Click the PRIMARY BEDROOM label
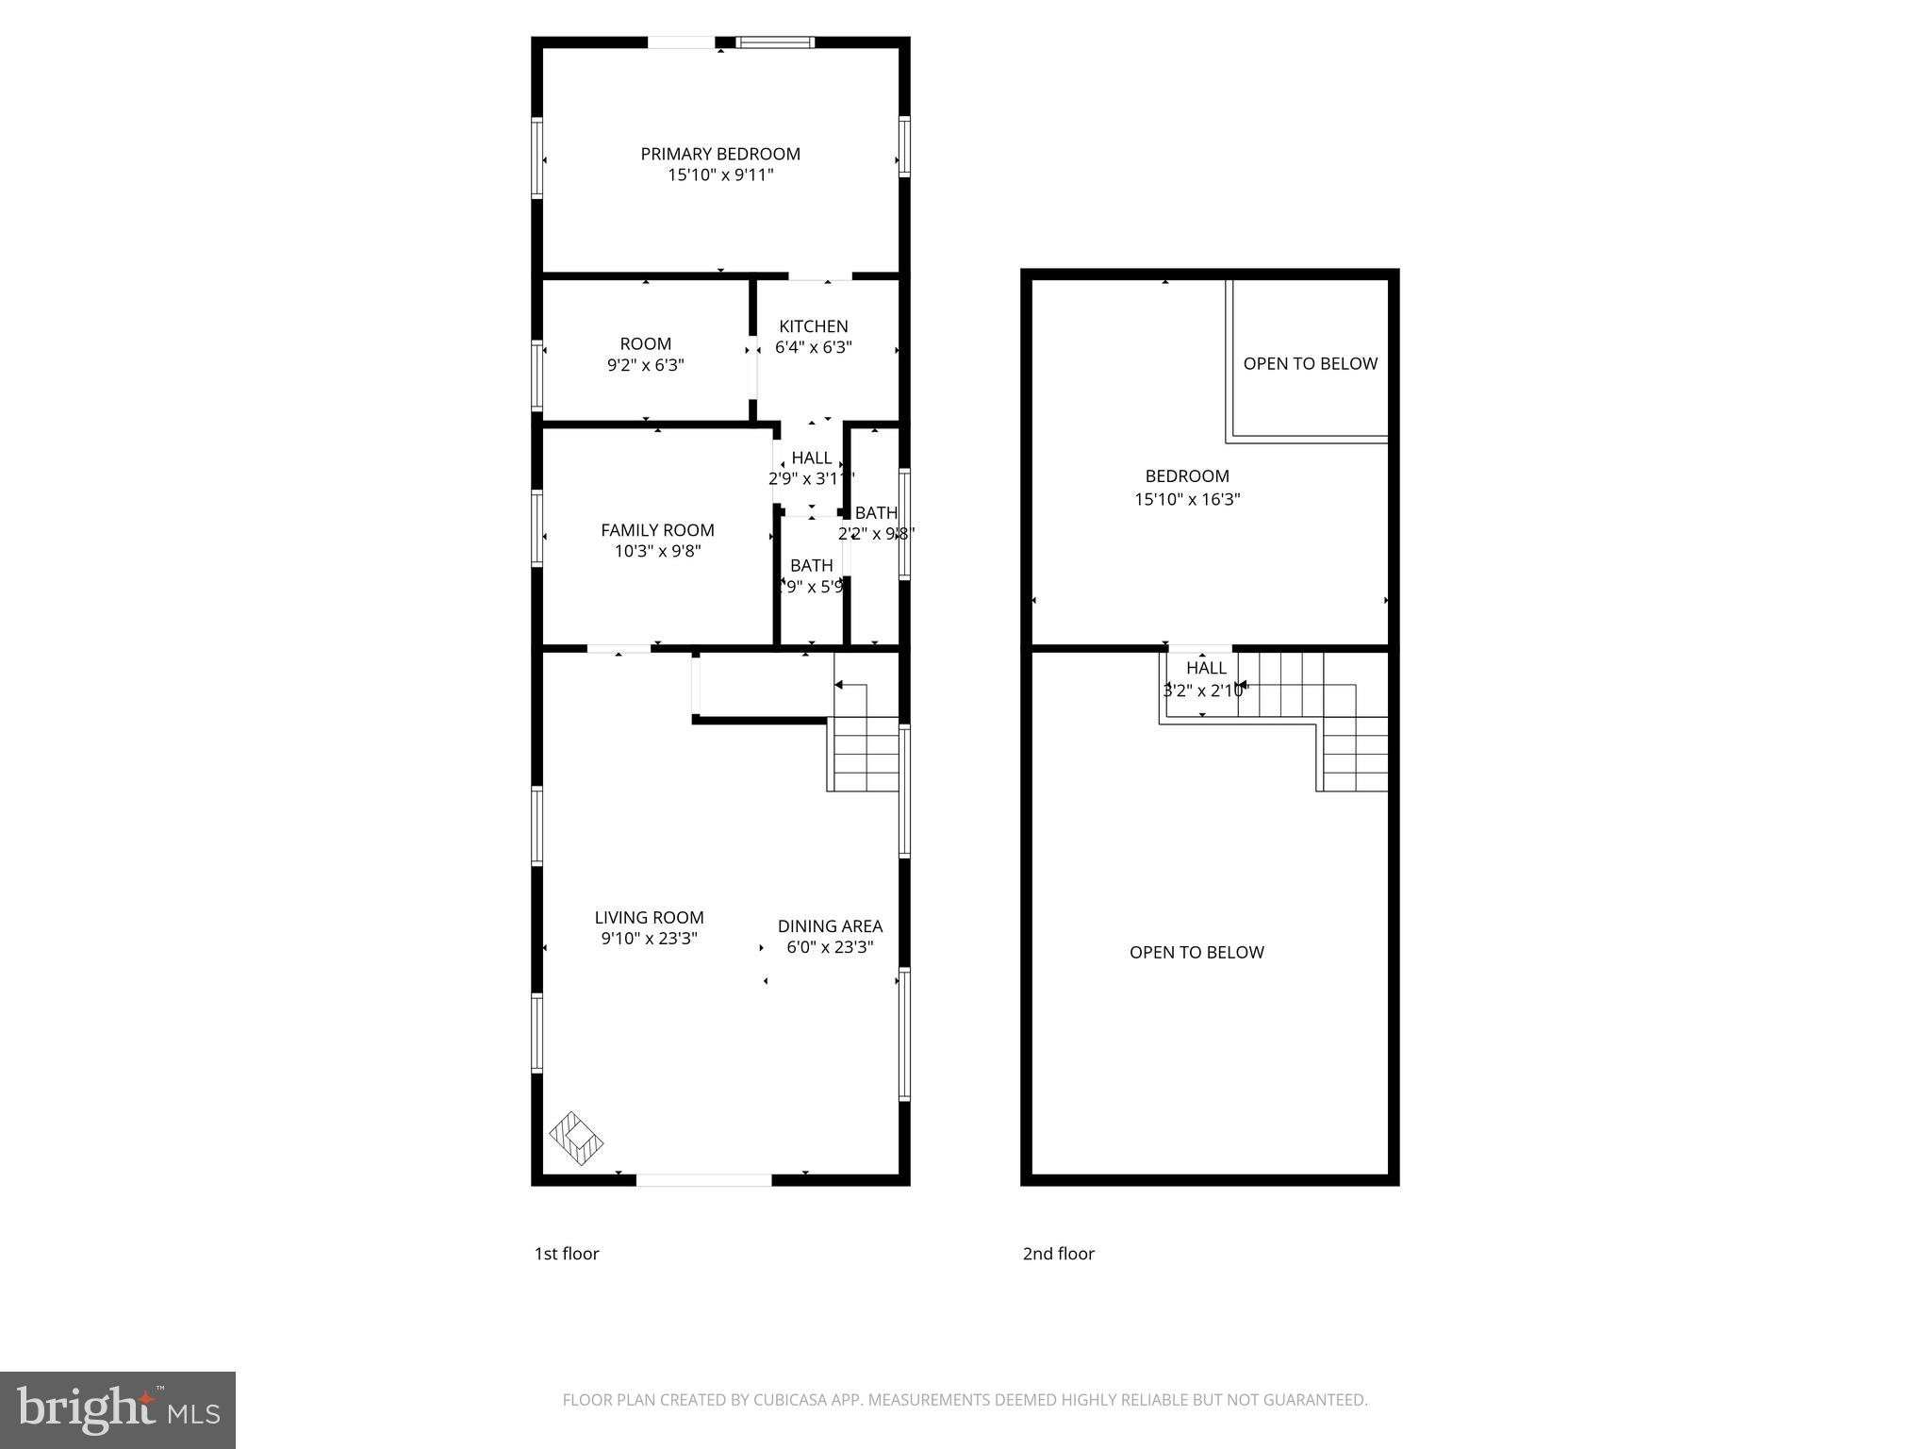click(720, 154)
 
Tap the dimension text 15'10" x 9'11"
click(720, 175)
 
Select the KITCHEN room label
click(813, 326)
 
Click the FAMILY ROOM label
click(657, 530)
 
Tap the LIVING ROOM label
click(649, 917)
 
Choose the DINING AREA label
click(830, 926)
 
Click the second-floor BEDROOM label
click(1187, 476)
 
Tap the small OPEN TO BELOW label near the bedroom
click(1310, 364)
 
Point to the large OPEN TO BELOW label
click(1197, 953)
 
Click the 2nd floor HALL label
click(1206, 668)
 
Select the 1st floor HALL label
click(811, 458)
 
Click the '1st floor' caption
click(567, 1254)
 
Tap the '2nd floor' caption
click(1058, 1254)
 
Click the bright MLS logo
click(118, 1410)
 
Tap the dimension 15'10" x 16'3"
click(1187, 500)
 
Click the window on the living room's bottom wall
click(703, 1179)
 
